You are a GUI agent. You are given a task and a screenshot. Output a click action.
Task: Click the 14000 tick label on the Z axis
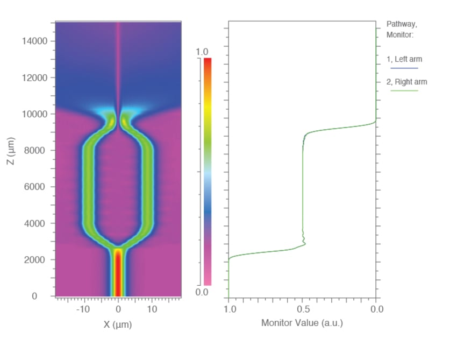pos(34,41)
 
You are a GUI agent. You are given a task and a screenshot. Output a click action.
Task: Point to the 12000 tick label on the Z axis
pos(34,77)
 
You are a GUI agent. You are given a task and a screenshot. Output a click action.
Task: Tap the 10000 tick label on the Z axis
pos(34,114)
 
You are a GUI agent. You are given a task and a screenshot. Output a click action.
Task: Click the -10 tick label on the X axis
pos(83,309)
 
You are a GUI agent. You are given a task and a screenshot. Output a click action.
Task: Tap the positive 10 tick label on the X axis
pos(153,309)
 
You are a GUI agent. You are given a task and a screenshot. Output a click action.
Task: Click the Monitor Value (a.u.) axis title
pos(302,323)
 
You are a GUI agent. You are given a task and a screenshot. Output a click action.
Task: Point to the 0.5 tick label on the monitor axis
pos(303,309)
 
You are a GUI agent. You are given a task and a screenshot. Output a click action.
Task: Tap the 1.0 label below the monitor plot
pos(230,309)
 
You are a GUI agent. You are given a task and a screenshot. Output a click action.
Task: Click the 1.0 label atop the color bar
pos(202,52)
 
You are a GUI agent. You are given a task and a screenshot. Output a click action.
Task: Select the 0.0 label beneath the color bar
pos(202,292)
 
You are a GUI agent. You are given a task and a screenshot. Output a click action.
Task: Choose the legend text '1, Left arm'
pos(404,59)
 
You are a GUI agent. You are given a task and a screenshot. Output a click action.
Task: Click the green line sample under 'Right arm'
pos(404,90)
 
